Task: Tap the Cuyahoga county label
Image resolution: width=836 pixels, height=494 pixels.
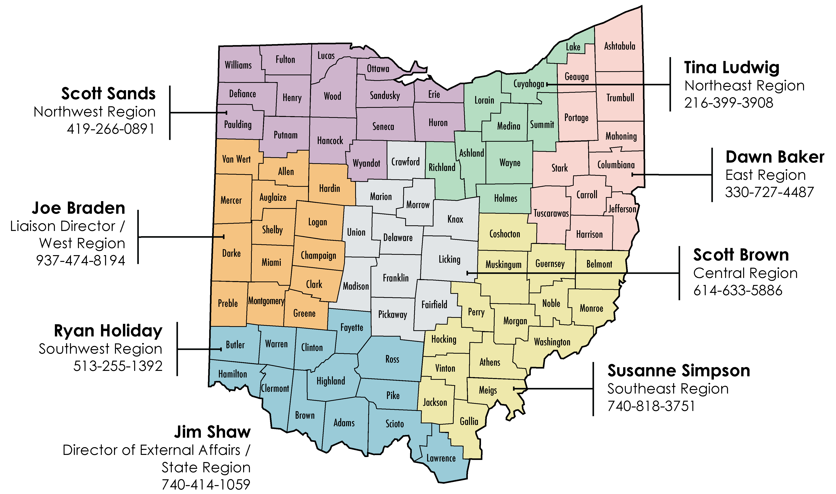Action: coord(528,84)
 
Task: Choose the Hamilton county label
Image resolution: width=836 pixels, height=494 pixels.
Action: coord(232,374)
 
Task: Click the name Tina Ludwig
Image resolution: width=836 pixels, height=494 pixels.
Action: coord(732,68)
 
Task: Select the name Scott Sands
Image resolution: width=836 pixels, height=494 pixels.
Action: coord(108,93)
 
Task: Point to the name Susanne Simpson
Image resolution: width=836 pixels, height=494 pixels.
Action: coord(679,371)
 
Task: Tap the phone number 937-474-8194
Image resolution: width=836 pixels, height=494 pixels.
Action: coord(80,260)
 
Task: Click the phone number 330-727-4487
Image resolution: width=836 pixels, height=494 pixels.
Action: coord(769,192)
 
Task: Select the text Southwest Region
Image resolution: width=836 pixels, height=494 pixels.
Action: coord(100,349)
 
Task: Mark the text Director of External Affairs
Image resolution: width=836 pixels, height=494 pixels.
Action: coord(152,450)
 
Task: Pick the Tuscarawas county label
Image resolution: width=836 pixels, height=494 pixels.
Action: coord(551,213)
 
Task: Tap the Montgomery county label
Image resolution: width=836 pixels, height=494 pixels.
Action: coord(266,301)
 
